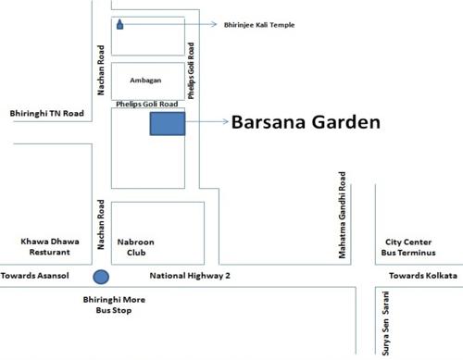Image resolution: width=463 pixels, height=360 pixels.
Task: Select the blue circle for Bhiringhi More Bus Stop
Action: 101,276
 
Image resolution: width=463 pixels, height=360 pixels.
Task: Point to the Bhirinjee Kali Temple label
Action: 260,25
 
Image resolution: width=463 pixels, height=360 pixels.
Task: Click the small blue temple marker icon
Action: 120,25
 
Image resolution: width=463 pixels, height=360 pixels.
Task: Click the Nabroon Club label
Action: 140,246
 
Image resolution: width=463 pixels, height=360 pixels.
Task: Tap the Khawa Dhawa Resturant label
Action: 49,246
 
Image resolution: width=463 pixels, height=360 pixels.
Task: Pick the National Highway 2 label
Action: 190,276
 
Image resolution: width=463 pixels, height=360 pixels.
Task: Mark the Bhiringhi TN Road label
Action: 46,113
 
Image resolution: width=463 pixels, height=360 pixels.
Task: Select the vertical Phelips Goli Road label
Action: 192,69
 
